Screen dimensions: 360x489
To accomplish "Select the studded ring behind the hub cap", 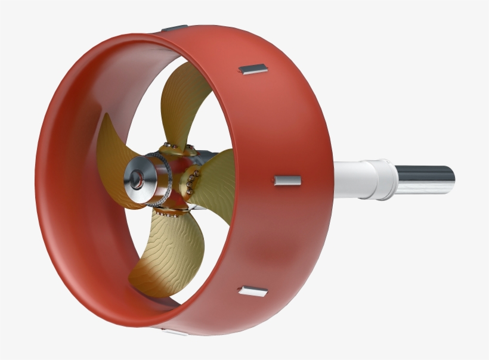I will [x=160, y=179].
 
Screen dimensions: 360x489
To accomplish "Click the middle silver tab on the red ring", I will [x=287, y=181].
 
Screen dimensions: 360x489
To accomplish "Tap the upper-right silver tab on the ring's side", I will [x=253, y=70].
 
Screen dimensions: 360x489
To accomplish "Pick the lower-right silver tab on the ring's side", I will [x=253, y=291].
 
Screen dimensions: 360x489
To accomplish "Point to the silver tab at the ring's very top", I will [x=174, y=27].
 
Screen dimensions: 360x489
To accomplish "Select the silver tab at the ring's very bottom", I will [x=175, y=332].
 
